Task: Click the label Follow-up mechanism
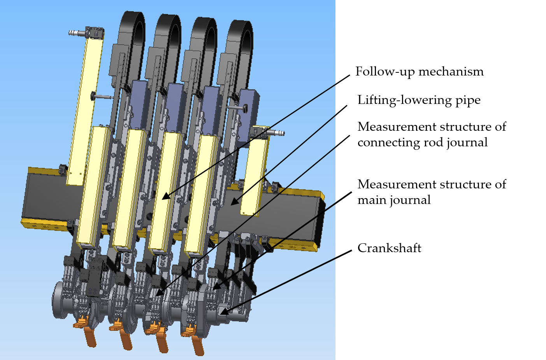(x=419, y=72)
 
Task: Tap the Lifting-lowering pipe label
(x=419, y=100)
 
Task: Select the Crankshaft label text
(x=389, y=248)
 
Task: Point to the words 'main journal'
(x=394, y=200)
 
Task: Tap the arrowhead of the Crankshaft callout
(x=223, y=311)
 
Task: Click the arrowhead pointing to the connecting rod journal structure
(x=159, y=293)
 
